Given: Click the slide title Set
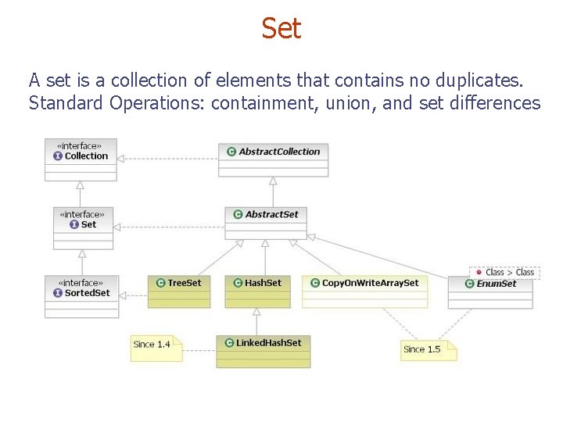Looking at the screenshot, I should coord(281,29).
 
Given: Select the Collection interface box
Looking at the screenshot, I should coord(81,159).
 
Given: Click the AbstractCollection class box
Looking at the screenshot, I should coord(273,159).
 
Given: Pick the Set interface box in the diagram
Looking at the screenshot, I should coord(82,227).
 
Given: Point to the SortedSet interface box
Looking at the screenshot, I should coord(82,296).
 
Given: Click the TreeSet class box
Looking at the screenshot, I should coord(179,291).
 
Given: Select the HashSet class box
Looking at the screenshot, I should coord(256,291).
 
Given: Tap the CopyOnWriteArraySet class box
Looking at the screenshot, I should coord(364,291).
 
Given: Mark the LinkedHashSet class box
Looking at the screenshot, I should coord(263,350).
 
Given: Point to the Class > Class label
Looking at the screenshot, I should coord(504,272).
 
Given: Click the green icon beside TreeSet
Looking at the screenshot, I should coord(160,283).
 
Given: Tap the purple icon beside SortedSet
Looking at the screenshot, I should coord(58,293).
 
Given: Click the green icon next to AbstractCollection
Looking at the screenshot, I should coord(231,152).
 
